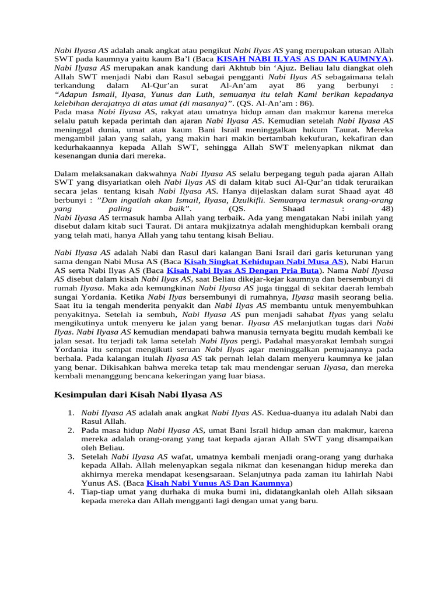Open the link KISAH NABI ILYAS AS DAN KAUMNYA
point(302,59)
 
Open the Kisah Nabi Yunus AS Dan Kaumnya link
point(218,483)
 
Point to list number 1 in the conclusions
point(70,413)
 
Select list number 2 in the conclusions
point(70,430)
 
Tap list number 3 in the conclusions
point(70,456)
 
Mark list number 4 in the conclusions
point(70,492)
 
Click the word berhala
point(68,359)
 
